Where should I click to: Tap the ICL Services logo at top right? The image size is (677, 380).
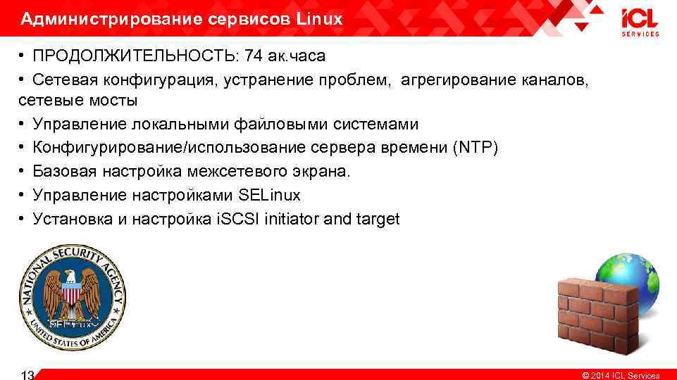[x=640, y=23]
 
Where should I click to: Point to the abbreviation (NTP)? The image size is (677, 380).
[x=476, y=148]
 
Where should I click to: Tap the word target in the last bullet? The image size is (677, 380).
[x=378, y=219]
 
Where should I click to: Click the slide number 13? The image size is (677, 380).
[x=28, y=375]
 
